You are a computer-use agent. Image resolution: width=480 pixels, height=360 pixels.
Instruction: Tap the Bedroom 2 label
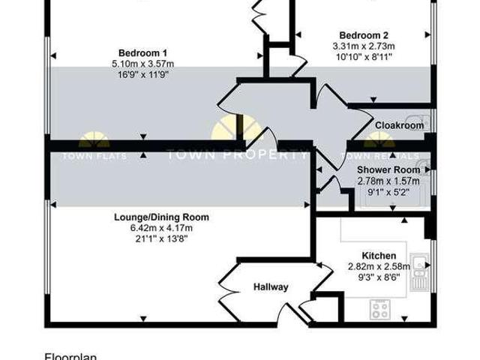pos(364,35)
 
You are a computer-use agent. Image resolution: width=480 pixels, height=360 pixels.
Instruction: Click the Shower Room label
pos(388,170)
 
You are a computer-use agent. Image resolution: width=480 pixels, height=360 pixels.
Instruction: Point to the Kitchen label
pos(379,256)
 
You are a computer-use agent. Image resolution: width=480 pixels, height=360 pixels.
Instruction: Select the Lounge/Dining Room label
pos(161,217)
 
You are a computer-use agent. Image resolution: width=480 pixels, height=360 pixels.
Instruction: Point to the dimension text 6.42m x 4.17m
pos(161,228)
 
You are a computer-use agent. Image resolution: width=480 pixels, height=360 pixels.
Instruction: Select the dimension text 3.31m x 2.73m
pos(364,46)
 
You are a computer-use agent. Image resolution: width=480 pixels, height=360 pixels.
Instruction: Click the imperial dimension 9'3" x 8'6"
pos(379,276)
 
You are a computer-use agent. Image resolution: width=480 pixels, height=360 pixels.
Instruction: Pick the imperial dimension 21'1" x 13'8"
pos(161,238)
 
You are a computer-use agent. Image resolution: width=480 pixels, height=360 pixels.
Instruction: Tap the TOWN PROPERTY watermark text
pos(236,155)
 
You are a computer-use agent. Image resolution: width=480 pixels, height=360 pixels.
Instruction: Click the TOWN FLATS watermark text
pos(94,156)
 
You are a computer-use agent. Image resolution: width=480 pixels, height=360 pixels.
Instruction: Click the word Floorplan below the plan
pos(71,357)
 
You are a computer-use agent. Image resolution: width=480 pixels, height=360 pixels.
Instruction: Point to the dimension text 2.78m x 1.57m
pos(388,181)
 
